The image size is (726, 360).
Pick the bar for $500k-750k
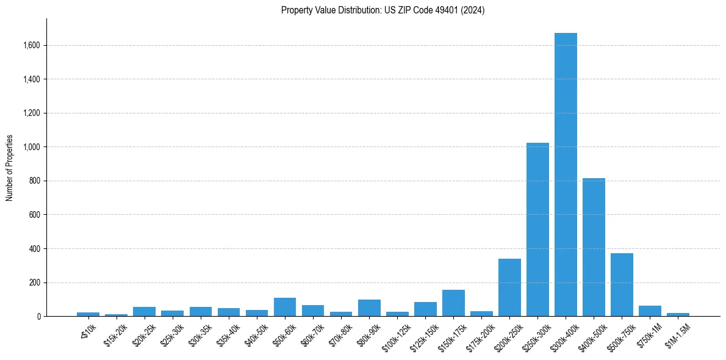pyautogui.click(x=622, y=284)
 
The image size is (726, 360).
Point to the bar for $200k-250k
pyautogui.click(x=509, y=287)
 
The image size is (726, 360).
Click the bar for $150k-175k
pyautogui.click(x=453, y=303)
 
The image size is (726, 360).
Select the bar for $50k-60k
pyautogui.click(x=285, y=307)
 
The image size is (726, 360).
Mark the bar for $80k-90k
pyautogui.click(x=369, y=308)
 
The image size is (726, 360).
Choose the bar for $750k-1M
pyautogui.click(x=650, y=311)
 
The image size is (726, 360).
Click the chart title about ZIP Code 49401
pyautogui.click(x=383, y=10)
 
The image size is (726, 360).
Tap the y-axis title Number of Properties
pyautogui.click(x=10, y=168)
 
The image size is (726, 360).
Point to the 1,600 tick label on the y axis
pyautogui.click(x=31, y=45)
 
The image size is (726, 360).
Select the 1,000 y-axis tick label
pyautogui.click(x=31, y=147)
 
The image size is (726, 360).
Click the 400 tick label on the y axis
pyautogui.click(x=34, y=249)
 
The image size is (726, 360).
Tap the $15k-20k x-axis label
pyautogui.click(x=114, y=335)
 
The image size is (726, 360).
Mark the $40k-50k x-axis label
pyautogui.click(x=254, y=335)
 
